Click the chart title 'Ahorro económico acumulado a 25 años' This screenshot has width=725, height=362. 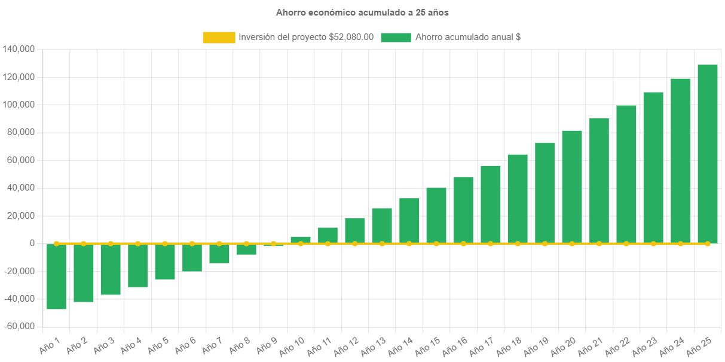click(362, 12)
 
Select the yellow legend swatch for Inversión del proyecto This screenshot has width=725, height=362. click(219, 38)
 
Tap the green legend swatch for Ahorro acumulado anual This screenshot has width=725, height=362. click(396, 38)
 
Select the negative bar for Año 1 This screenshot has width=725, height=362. click(56, 277)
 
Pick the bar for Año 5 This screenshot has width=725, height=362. click(165, 262)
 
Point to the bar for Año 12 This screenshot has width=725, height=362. click(355, 231)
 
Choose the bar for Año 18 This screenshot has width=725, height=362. click(518, 199)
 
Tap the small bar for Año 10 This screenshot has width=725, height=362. click(301, 240)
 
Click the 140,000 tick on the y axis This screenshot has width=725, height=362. click(19, 49)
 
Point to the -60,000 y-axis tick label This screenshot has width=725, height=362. click(19, 327)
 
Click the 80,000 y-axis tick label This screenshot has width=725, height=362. click(21, 132)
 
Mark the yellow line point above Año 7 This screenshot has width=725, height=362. click(219, 244)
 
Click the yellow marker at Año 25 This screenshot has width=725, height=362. click(707, 244)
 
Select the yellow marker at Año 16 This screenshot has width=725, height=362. click(463, 244)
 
